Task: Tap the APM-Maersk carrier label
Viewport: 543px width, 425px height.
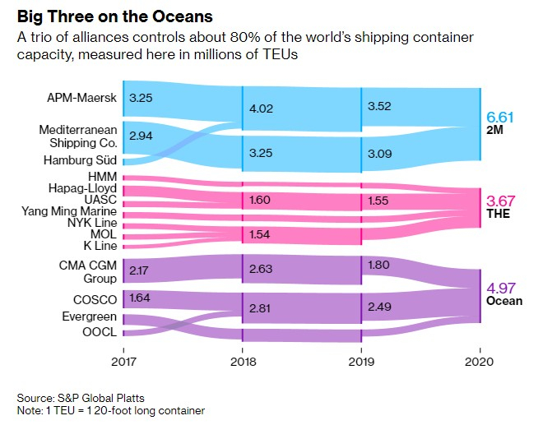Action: pyautogui.click(x=82, y=99)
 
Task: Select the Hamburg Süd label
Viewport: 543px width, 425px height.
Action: pyautogui.click(x=79, y=160)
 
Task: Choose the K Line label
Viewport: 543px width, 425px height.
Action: pyautogui.click(x=99, y=245)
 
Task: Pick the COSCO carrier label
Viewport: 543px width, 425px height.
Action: pyautogui.click(x=93, y=300)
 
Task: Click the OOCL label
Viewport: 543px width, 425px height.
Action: pyautogui.click(x=99, y=333)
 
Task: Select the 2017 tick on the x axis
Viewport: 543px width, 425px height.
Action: pyautogui.click(x=123, y=362)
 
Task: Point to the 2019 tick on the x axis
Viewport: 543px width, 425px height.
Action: pyautogui.click(x=360, y=362)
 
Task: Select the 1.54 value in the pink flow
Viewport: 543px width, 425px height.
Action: pyautogui.click(x=260, y=236)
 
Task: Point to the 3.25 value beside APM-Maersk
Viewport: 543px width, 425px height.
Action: pyautogui.click(x=142, y=97)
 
